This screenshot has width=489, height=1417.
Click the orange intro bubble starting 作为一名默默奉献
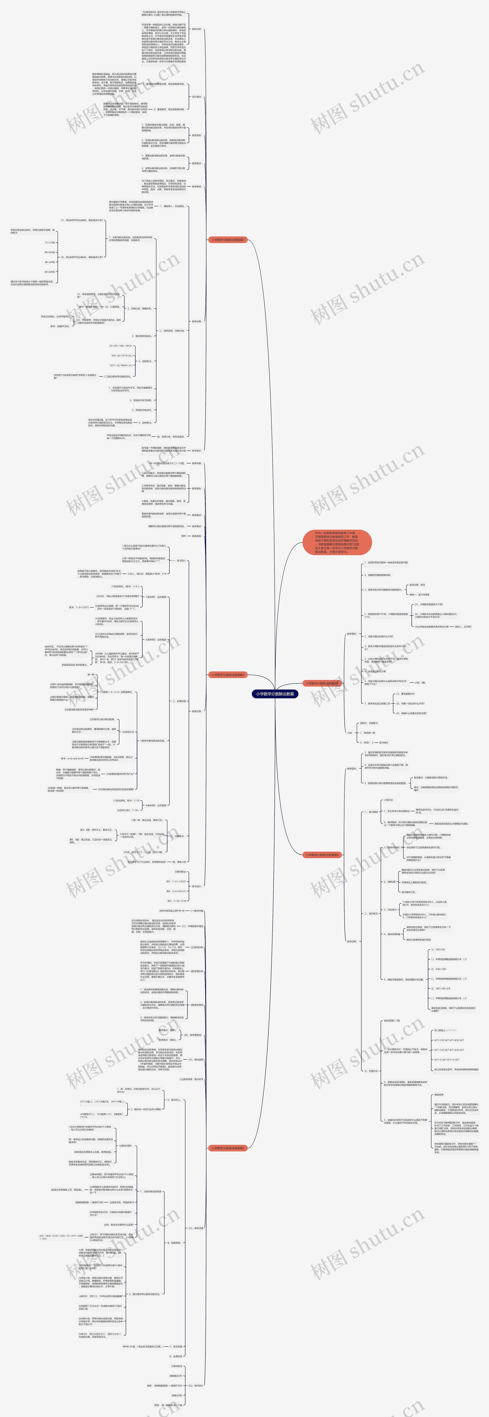337,542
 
